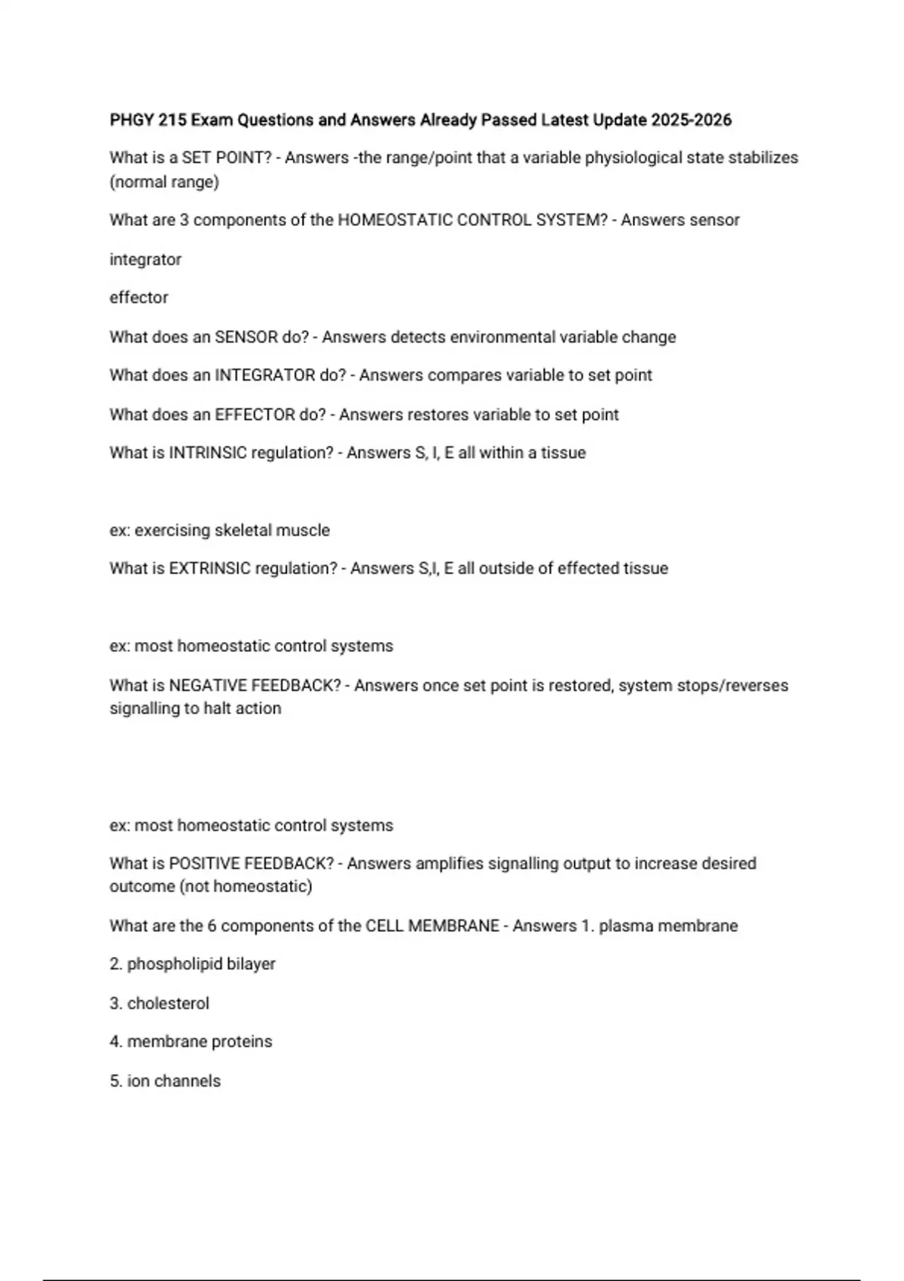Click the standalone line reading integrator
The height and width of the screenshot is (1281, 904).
tap(145, 260)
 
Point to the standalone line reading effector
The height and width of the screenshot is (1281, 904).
tap(139, 298)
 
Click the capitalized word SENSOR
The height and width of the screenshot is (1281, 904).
tap(246, 338)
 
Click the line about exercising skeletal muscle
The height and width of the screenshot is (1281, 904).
tap(219, 530)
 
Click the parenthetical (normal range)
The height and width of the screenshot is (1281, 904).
tap(164, 182)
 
